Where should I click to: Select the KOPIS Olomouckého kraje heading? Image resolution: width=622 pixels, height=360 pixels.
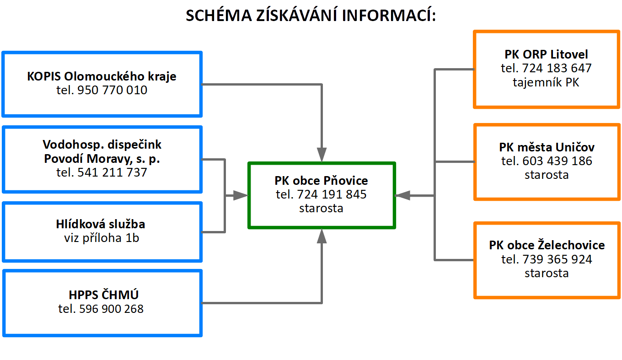coord(102,76)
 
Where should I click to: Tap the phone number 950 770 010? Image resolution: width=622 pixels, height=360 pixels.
coord(112,90)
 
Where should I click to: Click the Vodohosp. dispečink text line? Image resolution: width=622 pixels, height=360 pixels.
coord(102,145)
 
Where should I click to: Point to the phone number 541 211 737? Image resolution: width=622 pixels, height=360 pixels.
coord(112,172)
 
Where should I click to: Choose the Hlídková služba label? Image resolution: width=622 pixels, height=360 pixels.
coord(101,224)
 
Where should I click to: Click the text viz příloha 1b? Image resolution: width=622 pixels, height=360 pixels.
coord(102,238)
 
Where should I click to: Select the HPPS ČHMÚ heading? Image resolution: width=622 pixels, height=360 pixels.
coord(103,295)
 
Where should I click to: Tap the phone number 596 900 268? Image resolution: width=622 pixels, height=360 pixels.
coord(111,309)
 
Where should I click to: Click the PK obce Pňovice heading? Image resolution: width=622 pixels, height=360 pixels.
coord(321,181)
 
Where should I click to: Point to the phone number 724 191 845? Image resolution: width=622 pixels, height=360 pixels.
coord(332,194)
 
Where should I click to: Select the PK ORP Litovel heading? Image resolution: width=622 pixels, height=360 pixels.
coord(546,54)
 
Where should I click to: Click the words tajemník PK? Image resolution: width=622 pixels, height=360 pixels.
coord(546,82)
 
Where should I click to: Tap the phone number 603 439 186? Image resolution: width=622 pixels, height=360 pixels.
coord(558,161)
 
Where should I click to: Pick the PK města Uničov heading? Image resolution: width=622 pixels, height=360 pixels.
coord(547,147)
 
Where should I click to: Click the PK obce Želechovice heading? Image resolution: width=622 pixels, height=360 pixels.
coord(547,245)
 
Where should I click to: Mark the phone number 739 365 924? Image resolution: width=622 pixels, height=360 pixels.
coord(558,259)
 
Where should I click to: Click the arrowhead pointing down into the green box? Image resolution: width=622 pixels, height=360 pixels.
coord(322,155)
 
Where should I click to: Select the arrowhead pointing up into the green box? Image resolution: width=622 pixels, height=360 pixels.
coord(322,236)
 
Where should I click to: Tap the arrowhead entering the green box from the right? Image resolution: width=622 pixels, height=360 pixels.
coord(402,196)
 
